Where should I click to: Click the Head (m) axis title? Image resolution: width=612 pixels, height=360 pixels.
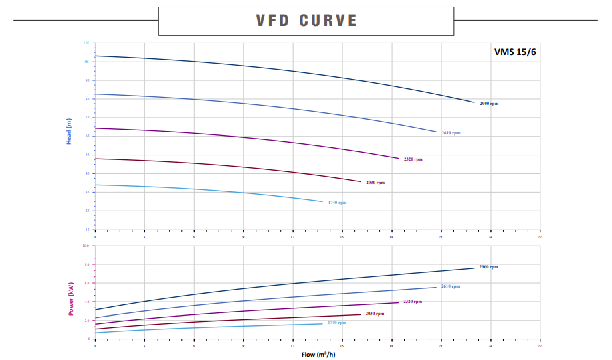click(68, 131)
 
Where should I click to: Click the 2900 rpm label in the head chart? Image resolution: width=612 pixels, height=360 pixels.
click(489, 104)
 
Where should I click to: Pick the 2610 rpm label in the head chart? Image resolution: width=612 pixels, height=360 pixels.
click(451, 133)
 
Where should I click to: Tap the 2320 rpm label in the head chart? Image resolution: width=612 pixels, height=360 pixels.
click(413, 159)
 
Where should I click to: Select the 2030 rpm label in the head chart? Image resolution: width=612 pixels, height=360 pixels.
click(375, 182)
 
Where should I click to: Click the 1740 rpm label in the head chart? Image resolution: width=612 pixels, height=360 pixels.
click(337, 202)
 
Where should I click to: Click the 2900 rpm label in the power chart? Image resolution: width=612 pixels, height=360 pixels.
click(488, 266)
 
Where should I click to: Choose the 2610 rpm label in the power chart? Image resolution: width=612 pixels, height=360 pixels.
click(450, 286)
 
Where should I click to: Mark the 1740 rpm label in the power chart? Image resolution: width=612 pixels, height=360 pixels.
click(336, 322)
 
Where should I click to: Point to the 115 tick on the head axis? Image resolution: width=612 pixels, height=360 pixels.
click(86, 43)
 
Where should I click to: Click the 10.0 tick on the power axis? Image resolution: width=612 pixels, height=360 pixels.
click(85, 246)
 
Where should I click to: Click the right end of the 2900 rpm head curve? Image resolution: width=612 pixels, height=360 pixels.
click(474, 102)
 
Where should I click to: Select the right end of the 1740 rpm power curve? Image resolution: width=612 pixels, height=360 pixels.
click(322, 323)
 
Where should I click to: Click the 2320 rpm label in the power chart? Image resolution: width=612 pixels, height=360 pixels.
click(413, 302)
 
